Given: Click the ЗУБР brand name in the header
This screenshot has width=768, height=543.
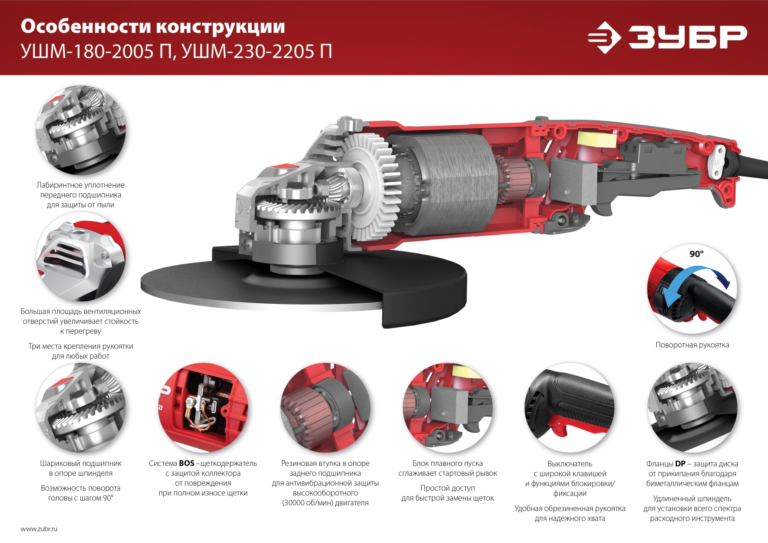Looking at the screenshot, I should click(x=687, y=37).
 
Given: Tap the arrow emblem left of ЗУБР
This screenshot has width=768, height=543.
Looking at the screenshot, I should click(x=604, y=38).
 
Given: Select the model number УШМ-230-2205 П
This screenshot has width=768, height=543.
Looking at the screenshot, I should click(x=257, y=52).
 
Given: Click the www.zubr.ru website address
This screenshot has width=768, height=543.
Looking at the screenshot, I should click(x=39, y=529).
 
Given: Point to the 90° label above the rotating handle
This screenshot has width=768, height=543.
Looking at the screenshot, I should click(x=696, y=254).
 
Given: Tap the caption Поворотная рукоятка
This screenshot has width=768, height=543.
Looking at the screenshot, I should click(x=692, y=345).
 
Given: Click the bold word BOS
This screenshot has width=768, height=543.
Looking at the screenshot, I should click(x=186, y=463).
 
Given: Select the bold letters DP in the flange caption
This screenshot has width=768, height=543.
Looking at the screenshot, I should click(x=680, y=464).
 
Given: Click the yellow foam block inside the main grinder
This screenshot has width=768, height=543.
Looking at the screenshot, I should click(x=596, y=139).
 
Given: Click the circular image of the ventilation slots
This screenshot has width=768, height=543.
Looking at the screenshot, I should click(x=80, y=257).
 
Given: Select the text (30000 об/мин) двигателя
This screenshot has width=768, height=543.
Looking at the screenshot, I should click(x=325, y=503).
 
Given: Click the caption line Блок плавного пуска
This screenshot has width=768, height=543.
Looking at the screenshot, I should click(x=447, y=463).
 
